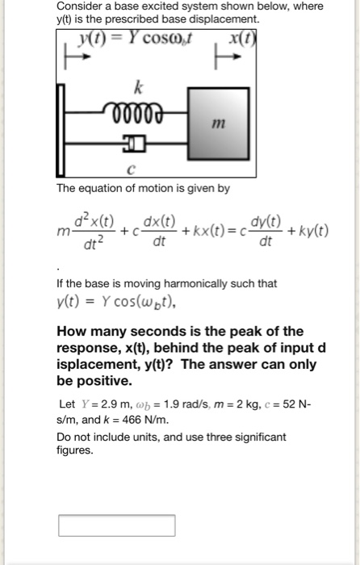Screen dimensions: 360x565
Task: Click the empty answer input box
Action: coord(116,525)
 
